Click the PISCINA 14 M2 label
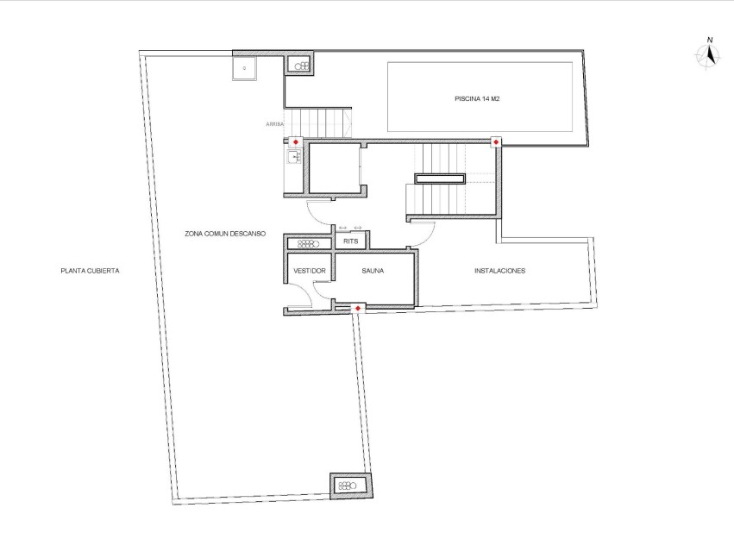[477, 99]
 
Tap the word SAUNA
[373, 271]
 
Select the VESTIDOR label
[309, 271]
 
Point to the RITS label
[350, 241]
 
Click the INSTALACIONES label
[499, 271]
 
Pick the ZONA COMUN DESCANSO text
[224, 233]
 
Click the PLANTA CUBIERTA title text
[90, 271]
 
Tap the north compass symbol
[709, 54]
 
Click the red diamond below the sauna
[358, 308]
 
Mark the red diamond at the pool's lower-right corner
[496, 141]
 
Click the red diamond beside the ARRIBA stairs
[295, 141]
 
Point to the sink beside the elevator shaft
[293, 156]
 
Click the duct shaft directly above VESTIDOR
[309, 243]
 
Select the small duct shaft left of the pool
[302, 66]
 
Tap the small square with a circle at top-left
[244, 66]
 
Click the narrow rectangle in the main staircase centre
[440, 179]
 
